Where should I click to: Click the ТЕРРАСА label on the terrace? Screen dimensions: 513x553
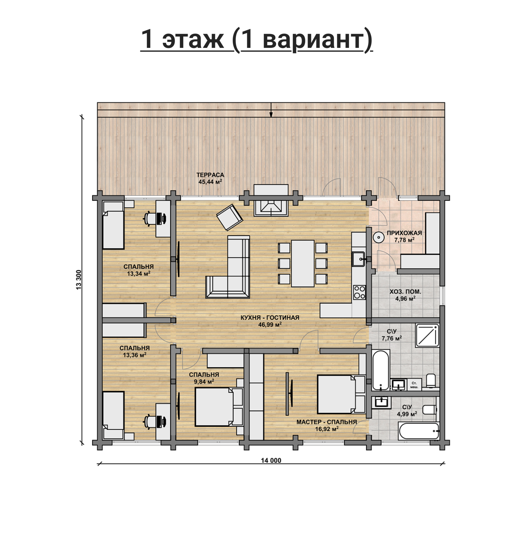click(210, 175)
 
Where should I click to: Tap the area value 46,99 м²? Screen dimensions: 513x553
click(270, 324)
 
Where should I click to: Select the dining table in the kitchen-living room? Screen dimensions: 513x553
click(303, 263)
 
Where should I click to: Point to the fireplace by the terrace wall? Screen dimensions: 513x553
click(271, 200)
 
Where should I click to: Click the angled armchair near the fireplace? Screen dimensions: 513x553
click(229, 217)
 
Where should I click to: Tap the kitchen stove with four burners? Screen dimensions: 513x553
click(359, 292)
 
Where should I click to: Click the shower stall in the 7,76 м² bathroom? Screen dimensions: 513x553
click(427, 335)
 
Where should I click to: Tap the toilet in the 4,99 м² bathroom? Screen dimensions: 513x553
click(430, 409)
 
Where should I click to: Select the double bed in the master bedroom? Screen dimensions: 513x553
click(341, 394)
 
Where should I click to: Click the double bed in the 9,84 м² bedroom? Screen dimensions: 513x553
click(219, 407)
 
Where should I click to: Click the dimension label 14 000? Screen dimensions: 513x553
click(271, 461)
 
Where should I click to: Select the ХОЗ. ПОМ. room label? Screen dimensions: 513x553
click(405, 292)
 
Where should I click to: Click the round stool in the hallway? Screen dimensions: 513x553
click(378, 238)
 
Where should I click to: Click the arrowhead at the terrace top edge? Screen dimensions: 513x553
click(271, 114)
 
